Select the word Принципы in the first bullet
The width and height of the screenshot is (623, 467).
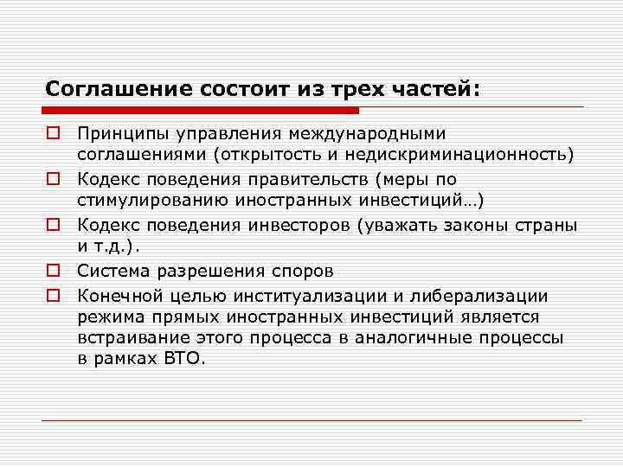(119, 135)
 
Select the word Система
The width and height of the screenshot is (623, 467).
(111, 271)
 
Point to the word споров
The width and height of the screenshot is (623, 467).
(301, 271)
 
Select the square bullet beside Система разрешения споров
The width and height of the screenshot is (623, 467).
(53, 271)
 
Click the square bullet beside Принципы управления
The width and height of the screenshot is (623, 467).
(53, 134)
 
